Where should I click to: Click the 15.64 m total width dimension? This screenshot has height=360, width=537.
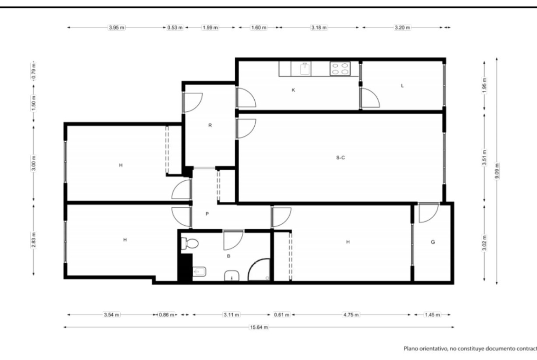[x=258, y=327]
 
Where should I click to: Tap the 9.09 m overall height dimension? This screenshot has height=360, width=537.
[x=497, y=171]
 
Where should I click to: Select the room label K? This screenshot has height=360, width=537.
[x=293, y=90]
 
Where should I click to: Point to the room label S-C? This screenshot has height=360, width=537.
[x=341, y=158]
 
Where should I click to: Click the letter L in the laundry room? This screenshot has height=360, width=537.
[x=402, y=86]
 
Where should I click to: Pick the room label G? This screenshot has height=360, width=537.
[x=433, y=242]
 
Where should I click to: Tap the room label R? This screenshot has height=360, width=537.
[x=210, y=125]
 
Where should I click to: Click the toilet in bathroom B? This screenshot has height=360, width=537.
[x=190, y=244]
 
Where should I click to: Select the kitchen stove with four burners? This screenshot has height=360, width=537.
[x=340, y=68]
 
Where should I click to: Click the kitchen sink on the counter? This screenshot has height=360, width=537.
[x=305, y=68]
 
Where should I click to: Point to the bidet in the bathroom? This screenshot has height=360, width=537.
[x=199, y=272]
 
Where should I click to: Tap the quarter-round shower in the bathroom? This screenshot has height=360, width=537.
[x=259, y=270]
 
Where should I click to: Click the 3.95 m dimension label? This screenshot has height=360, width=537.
[x=117, y=28]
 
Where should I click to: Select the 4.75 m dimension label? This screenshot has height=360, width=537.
[x=351, y=315]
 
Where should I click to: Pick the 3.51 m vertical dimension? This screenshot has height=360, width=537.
[x=484, y=157]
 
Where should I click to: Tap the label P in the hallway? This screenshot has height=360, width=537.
[x=207, y=214]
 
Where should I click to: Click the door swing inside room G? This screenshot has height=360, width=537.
[x=428, y=213]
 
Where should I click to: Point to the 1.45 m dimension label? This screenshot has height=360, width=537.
[x=432, y=315]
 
